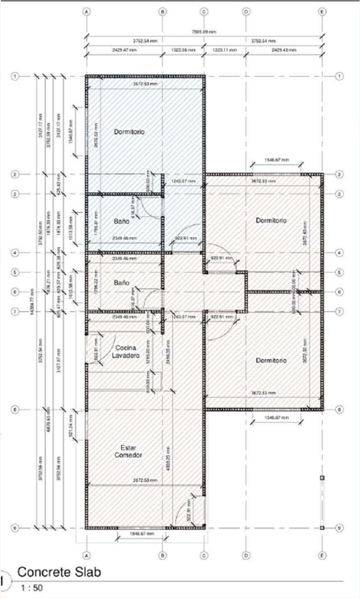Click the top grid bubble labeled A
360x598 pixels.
coord(86,12)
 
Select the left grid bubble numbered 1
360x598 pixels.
coord(15,76)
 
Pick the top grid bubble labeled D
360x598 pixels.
coord(246,12)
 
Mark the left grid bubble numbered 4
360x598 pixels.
coord(15,252)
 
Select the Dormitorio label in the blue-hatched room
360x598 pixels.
coord(129,132)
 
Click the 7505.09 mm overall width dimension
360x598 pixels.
coord(204,32)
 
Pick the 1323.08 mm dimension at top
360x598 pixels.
coord(183,49)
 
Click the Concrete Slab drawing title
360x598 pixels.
coord(59,572)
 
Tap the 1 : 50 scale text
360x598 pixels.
coord(30,588)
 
